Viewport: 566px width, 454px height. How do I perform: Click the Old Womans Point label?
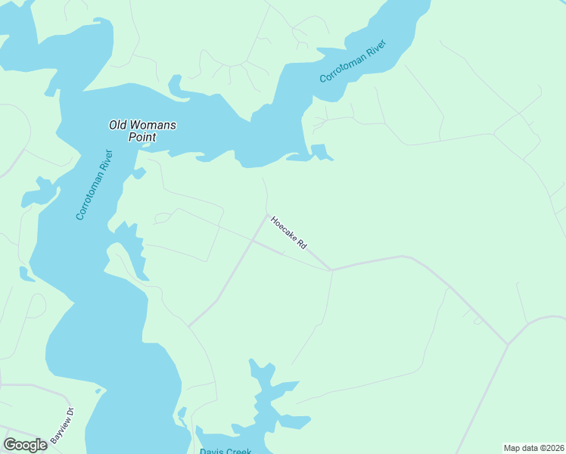click(142, 131)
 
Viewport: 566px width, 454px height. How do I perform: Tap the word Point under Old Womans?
click(141, 138)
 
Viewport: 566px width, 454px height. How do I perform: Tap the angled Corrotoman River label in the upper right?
click(353, 61)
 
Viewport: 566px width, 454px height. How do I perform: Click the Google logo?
click(25, 445)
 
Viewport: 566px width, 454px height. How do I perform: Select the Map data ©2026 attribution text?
click(533, 447)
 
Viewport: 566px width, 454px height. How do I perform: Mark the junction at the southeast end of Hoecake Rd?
click(330, 269)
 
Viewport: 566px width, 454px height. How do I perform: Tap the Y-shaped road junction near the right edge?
click(508, 344)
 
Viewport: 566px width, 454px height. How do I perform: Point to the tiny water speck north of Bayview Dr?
click(98, 391)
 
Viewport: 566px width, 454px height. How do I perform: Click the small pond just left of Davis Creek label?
click(182, 413)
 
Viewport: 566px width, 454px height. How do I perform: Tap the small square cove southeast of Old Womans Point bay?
click(320, 151)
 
